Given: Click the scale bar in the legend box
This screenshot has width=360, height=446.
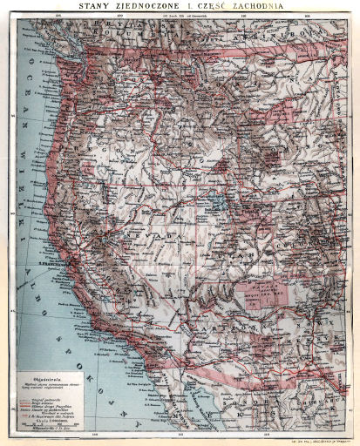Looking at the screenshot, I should click(x=52, y=422).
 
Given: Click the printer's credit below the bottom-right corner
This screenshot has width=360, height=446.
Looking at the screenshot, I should click(x=324, y=441).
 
